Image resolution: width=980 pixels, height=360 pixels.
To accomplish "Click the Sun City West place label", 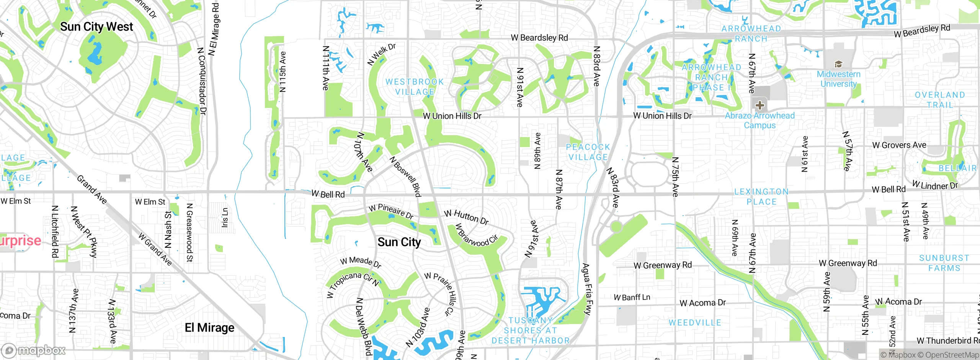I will [96, 27].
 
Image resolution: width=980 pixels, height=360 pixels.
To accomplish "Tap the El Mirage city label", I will [209, 328].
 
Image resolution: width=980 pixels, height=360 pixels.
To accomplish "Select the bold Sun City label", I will [399, 242].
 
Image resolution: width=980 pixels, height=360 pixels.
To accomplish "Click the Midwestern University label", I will [838, 79].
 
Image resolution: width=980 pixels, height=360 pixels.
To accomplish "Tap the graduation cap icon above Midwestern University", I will [838, 64].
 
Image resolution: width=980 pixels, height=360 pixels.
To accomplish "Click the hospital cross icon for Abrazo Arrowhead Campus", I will [760, 105].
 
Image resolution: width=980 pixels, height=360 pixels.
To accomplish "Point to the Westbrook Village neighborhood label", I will [415, 87].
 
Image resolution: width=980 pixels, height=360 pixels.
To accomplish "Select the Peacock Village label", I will [588, 152].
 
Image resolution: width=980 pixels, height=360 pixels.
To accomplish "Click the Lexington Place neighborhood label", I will [761, 196].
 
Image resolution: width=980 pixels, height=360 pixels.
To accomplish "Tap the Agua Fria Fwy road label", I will [586, 289].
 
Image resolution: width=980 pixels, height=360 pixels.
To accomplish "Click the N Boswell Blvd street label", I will [405, 177].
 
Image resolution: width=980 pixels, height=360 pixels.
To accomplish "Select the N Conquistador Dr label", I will [202, 81].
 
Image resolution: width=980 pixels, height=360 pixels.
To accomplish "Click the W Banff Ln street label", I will [632, 297].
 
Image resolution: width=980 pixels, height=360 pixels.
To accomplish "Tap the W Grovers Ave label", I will [899, 145].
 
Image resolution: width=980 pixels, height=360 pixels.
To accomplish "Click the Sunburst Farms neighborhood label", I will [944, 263].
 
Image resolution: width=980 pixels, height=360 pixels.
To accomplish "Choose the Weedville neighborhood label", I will [695, 323].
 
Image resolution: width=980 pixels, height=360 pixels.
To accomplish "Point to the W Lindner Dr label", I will [935, 186].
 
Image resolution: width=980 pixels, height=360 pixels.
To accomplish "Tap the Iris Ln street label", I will [225, 218].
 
